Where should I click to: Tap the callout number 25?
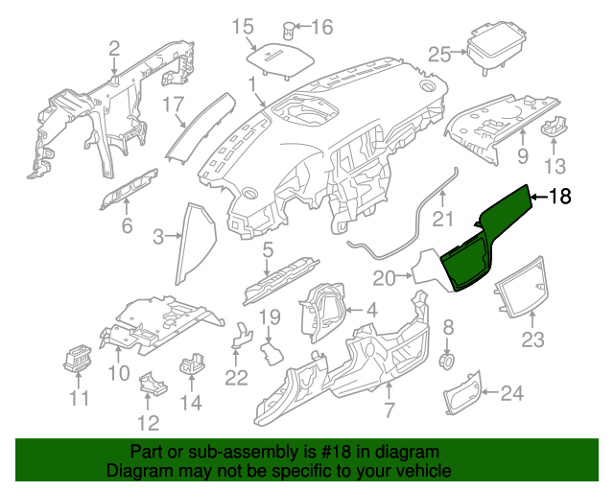439,55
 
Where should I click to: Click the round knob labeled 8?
446,360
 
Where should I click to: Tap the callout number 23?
532,339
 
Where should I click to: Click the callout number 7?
389,411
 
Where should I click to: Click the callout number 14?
192,403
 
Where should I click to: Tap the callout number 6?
126,226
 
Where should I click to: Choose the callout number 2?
114,48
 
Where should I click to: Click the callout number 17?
172,103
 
